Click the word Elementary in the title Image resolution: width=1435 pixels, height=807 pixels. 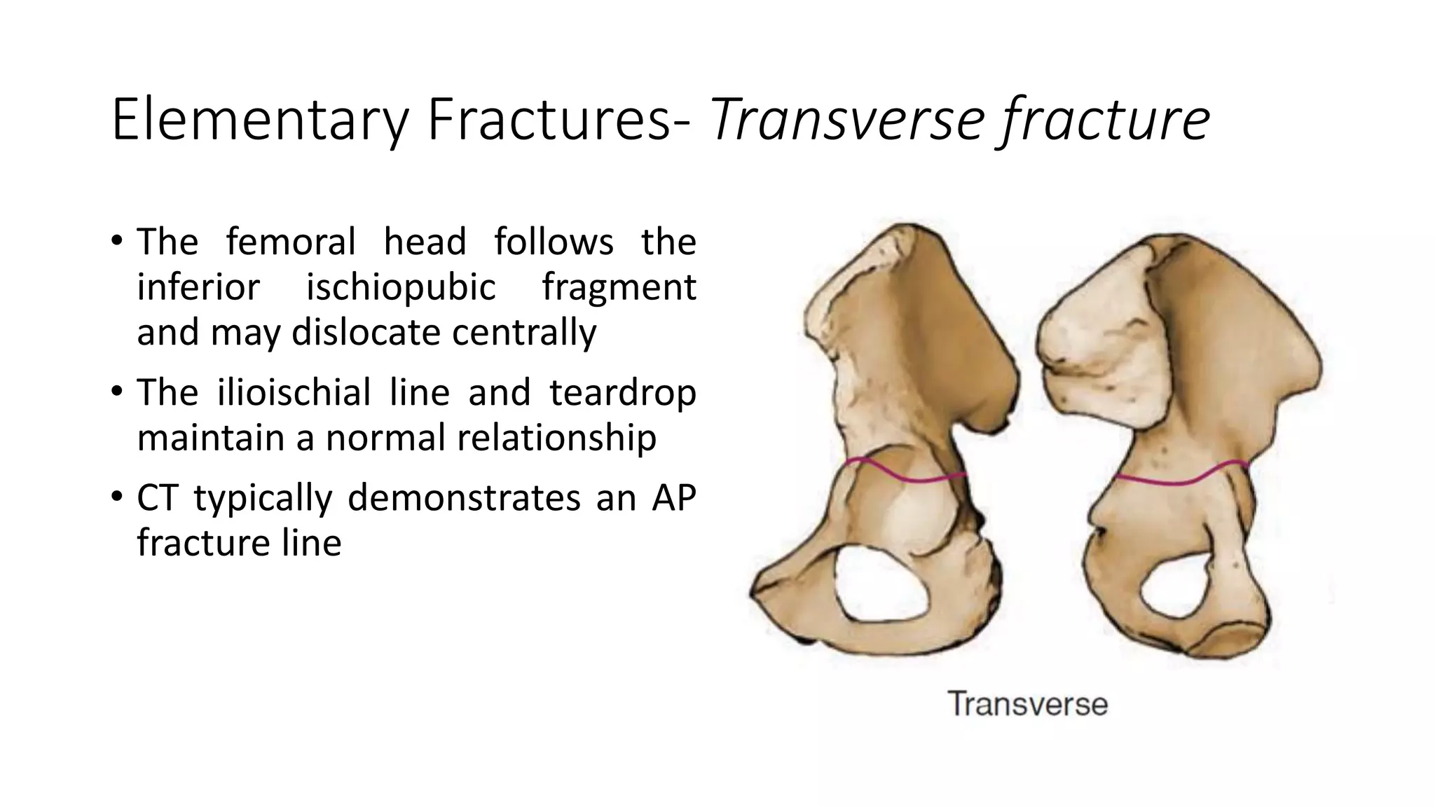(x=259, y=120)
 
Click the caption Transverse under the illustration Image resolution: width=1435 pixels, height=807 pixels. (x=1028, y=703)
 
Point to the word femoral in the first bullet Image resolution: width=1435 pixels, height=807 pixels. (x=291, y=242)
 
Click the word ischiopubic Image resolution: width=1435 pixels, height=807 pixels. (x=401, y=287)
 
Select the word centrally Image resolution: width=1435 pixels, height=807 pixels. (x=524, y=333)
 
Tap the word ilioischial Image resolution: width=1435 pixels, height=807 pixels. (x=294, y=392)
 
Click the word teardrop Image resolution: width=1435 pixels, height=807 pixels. (x=622, y=394)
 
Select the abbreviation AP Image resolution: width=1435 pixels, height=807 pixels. (x=673, y=498)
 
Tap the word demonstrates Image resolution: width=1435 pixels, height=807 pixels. (x=464, y=498)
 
